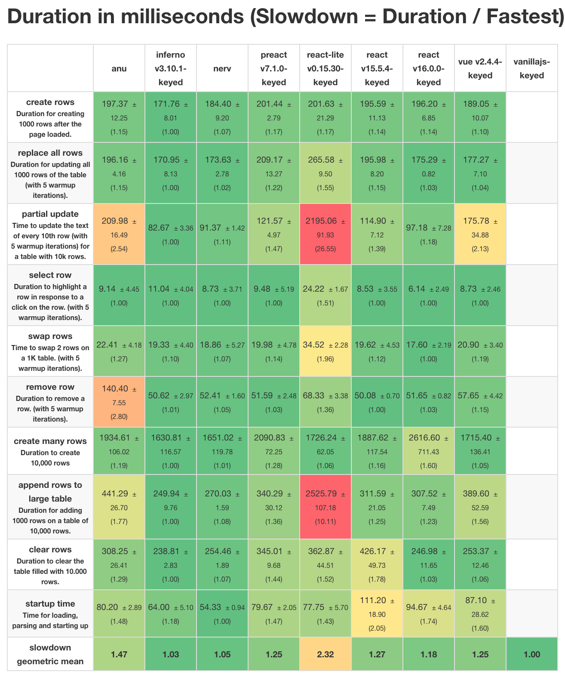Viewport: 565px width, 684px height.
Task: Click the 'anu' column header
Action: [x=119, y=68]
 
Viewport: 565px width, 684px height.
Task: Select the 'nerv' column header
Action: [x=222, y=68]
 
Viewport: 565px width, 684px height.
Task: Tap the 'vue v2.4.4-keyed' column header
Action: [x=480, y=68]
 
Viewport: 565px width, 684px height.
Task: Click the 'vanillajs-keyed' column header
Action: [x=532, y=68]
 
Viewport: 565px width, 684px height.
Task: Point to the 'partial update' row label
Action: [x=50, y=214]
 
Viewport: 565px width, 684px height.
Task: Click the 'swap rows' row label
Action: [x=50, y=336]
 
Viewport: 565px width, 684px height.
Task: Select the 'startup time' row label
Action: [x=50, y=604]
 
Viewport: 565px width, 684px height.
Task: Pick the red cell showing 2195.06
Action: [x=325, y=234]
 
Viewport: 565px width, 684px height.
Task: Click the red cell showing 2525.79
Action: [x=325, y=507]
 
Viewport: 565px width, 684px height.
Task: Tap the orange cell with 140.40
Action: [x=119, y=402]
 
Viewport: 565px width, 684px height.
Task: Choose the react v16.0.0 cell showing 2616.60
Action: [x=429, y=451]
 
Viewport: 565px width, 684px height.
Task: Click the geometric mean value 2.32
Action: [x=325, y=654]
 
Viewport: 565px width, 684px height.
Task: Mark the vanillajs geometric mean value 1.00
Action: [x=532, y=654]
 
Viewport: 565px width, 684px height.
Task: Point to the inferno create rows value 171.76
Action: [x=171, y=117]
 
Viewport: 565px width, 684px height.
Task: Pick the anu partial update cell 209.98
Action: [x=119, y=234]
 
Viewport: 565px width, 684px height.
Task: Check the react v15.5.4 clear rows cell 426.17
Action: [x=377, y=564]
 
